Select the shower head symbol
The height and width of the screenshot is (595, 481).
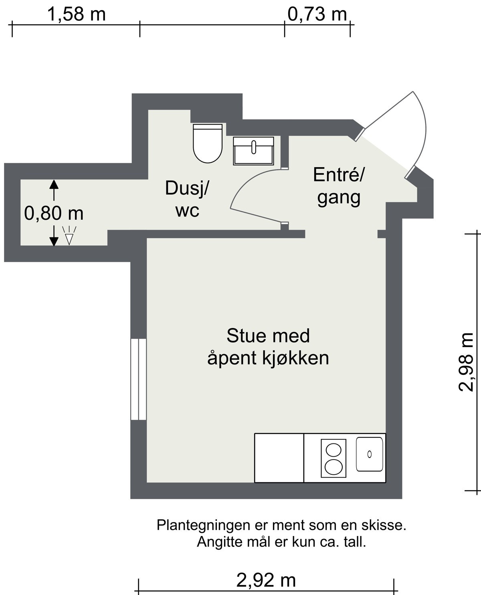(x=69, y=236)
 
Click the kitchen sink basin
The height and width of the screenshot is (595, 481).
(x=370, y=454)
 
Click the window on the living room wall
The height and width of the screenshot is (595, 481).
(x=138, y=379)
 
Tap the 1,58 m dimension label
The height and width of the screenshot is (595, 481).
(x=76, y=14)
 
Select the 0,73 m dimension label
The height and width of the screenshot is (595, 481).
(x=317, y=14)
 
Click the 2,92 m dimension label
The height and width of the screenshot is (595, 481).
(x=266, y=580)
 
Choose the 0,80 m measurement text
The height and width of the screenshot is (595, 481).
(x=54, y=213)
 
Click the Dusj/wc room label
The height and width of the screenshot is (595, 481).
(x=187, y=199)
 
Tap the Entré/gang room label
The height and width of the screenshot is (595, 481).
(x=339, y=186)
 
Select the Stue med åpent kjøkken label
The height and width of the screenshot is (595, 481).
(x=268, y=347)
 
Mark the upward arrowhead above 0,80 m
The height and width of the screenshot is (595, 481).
(x=54, y=184)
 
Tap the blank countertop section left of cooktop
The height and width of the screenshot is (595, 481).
(x=279, y=458)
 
